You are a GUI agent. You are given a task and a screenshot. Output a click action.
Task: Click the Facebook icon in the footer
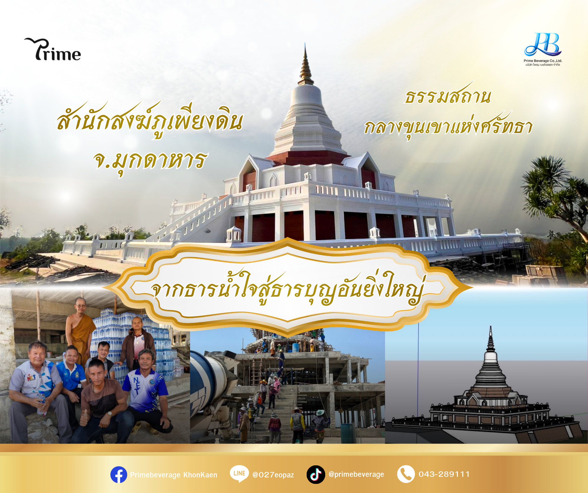click(119, 474)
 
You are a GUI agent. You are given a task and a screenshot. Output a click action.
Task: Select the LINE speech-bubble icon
click(239, 474)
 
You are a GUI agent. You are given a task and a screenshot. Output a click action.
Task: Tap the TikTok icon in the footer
click(316, 474)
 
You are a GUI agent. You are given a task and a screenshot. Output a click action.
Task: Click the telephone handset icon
click(406, 474)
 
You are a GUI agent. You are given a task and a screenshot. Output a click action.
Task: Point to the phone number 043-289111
click(444, 474)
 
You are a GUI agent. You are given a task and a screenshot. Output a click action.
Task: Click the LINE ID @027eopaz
click(273, 475)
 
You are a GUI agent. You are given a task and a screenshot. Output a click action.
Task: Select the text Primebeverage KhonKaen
click(174, 475)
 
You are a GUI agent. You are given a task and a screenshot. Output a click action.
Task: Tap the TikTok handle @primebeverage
click(356, 474)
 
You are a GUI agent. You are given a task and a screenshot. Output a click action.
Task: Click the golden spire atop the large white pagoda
click(305, 66)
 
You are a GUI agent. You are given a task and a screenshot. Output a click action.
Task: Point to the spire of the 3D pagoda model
click(491, 338)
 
